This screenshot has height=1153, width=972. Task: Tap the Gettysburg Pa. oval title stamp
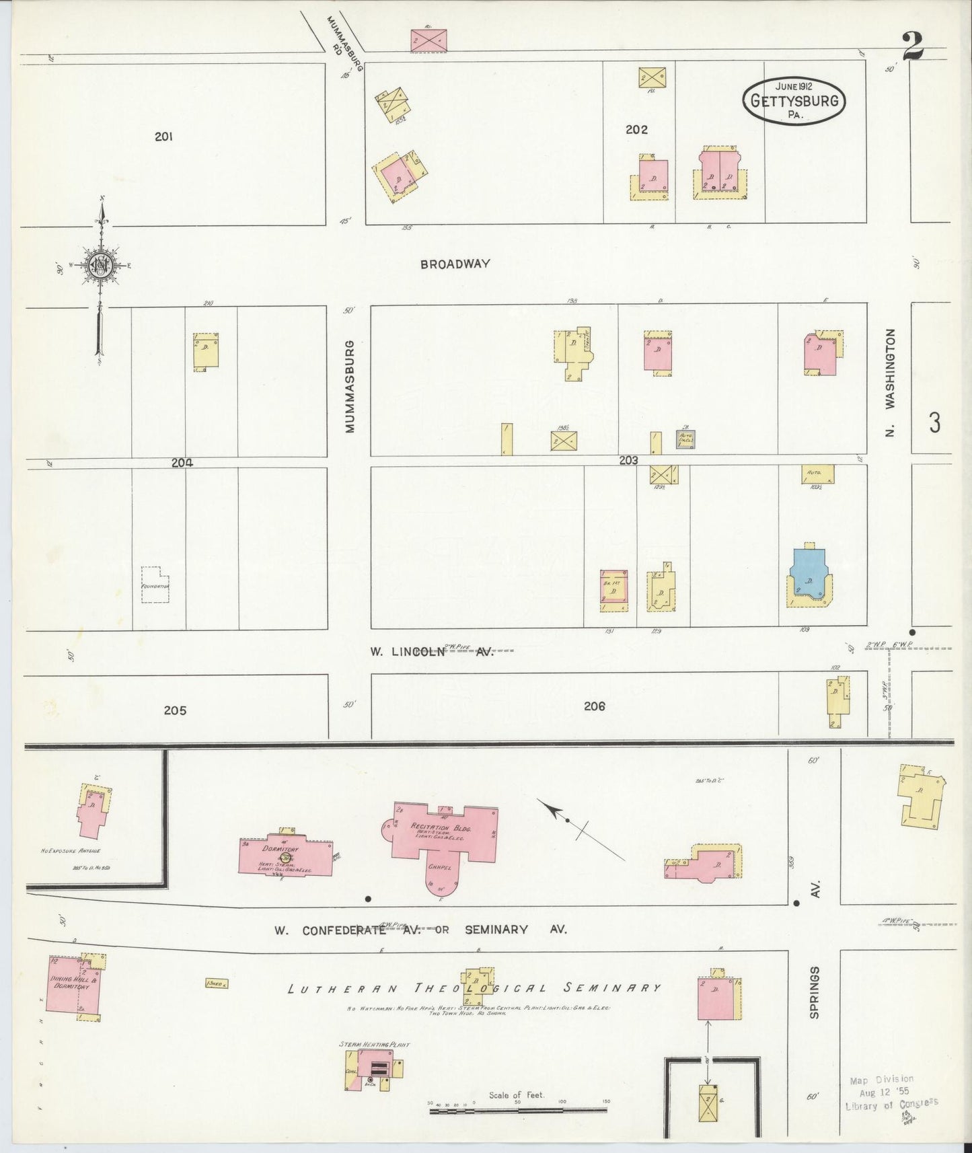tap(794, 100)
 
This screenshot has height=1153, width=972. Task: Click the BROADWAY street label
tap(455, 264)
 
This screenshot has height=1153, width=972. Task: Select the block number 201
tap(163, 137)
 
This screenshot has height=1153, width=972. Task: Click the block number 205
tap(174, 710)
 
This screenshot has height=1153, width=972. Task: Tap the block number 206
tap(595, 706)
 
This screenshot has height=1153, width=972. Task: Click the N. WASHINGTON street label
tap(891, 382)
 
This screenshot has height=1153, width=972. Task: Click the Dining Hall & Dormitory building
tap(73, 988)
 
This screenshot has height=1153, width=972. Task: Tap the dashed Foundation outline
tap(155, 585)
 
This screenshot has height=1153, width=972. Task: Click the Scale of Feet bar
tap(518, 1110)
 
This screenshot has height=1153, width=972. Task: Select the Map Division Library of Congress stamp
tap(891, 1092)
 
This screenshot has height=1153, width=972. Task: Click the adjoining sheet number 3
tap(934, 422)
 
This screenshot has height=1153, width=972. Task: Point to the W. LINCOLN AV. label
tap(431, 651)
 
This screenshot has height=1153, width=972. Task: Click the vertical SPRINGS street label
tap(815, 992)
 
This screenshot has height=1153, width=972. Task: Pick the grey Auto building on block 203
tap(685, 439)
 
